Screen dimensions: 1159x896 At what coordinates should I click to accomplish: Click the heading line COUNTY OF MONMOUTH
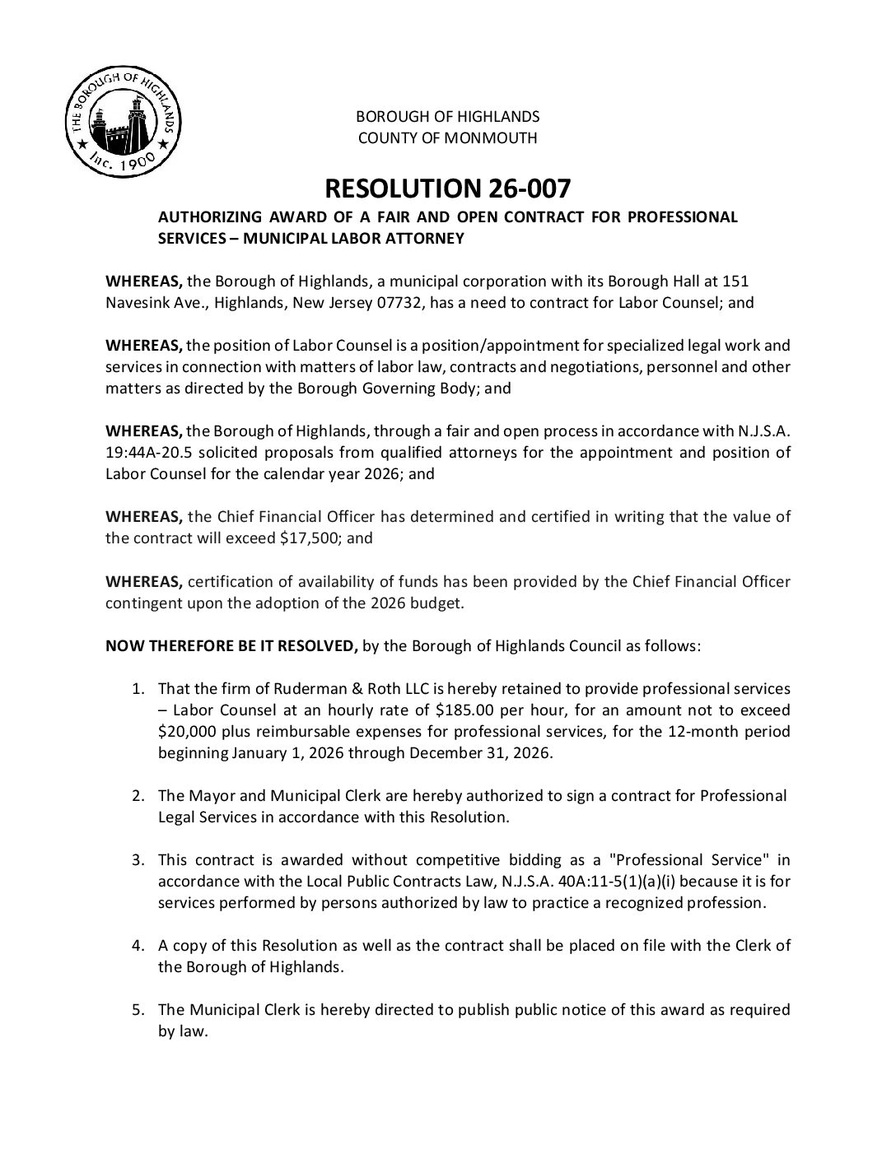(447, 137)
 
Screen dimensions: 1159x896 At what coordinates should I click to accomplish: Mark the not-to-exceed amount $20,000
(186, 731)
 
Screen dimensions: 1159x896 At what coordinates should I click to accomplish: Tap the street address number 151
(736, 281)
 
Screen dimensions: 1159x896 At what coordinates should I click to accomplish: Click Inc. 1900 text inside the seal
(124, 163)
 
